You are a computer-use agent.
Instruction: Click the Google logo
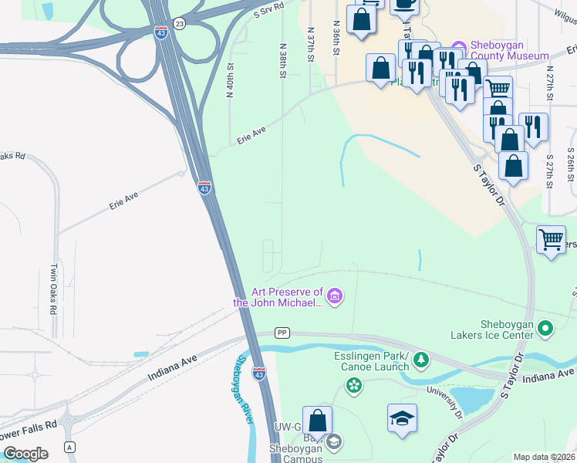click(x=25, y=454)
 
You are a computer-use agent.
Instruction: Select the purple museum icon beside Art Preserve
click(x=334, y=296)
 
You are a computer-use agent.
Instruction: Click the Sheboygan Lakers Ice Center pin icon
click(x=546, y=329)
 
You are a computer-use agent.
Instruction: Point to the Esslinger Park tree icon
click(x=420, y=359)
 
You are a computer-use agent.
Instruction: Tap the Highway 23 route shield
click(x=179, y=24)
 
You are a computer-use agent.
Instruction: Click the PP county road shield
click(x=282, y=333)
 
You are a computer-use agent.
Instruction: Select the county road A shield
click(x=70, y=447)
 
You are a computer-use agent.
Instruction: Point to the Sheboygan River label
click(x=245, y=388)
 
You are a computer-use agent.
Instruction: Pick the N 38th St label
click(x=283, y=60)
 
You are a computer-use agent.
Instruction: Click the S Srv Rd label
click(x=268, y=9)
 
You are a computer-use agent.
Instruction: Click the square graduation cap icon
click(x=402, y=417)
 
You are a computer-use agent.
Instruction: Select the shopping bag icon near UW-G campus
click(x=317, y=421)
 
